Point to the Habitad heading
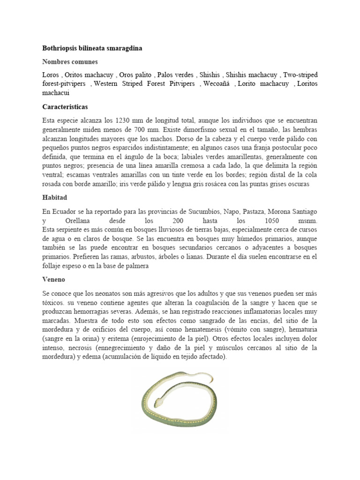(x=55, y=198)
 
